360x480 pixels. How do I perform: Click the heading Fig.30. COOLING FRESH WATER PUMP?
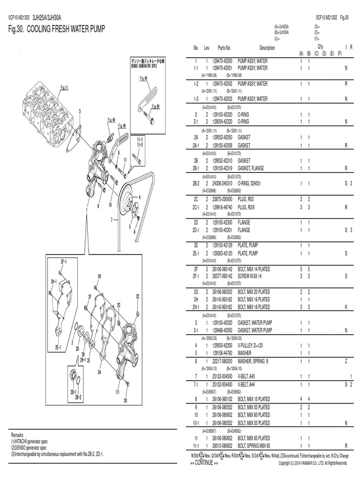coord(57,30)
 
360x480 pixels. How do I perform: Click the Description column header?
coord(267,48)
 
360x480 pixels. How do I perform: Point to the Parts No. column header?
coord(224,48)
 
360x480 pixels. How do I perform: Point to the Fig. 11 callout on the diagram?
coord(64,87)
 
